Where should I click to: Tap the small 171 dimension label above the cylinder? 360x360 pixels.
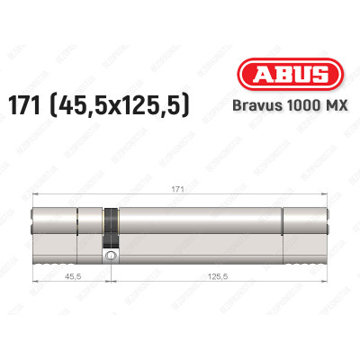(179, 191)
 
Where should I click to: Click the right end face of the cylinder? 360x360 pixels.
(326, 229)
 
